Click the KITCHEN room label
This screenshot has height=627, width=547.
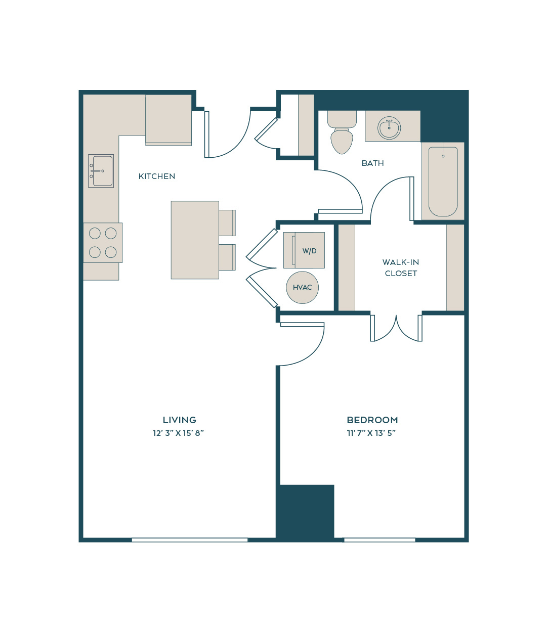point(157,176)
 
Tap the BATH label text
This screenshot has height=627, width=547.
point(372,163)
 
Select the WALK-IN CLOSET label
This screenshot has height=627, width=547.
point(400,267)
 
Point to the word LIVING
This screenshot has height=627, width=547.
point(179,420)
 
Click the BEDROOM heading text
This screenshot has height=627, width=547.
point(372,420)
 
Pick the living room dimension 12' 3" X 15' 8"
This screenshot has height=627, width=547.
point(179,433)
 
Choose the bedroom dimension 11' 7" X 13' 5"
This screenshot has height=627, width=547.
point(371,433)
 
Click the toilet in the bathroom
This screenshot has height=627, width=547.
point(342,132)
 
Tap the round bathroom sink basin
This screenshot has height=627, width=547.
point(389,128)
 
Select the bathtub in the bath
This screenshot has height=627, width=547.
point(443,182)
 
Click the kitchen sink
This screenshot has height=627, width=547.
point(101,171)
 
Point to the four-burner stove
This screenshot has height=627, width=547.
point(103,242)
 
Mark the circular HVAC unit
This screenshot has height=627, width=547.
point(302,287)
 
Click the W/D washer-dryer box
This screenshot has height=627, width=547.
point(304,250)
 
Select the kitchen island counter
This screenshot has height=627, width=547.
point(195,240)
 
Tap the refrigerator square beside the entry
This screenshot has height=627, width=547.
point(169,119)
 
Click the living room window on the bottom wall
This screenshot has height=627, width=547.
point(190,540)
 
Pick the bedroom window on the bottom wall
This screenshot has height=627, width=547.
point(380,540)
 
